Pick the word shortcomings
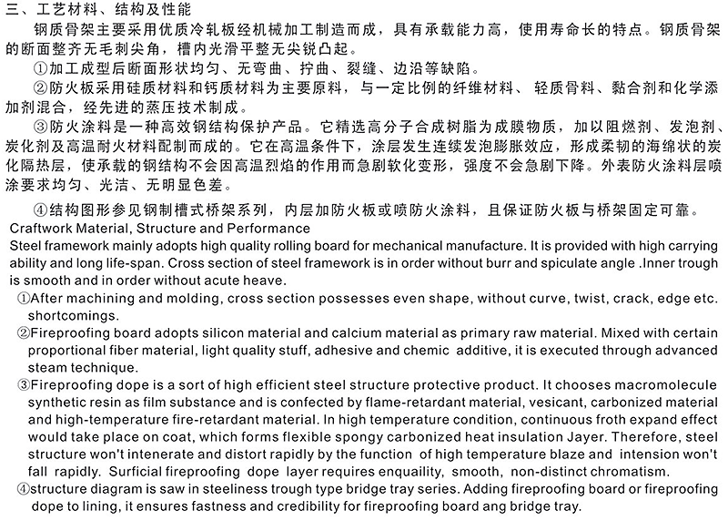(x=69, y=315)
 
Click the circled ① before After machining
(x=23, y=298)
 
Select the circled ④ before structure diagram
(x=23, y=489)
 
